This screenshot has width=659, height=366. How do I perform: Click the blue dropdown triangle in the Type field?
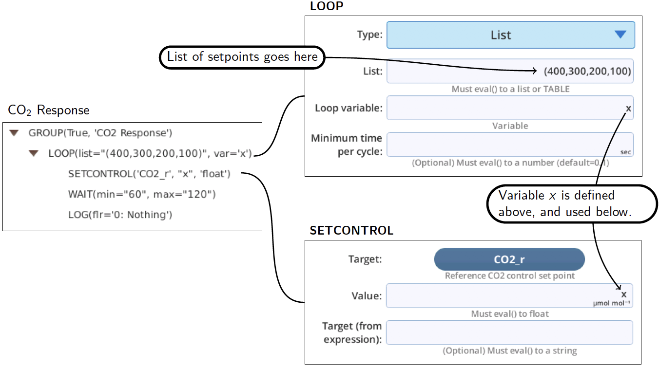[620, 35]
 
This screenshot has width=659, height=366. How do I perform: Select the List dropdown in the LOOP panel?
[511, 35]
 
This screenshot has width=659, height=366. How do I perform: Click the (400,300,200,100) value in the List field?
[587, 71]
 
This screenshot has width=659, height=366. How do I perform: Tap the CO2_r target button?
[509, 259]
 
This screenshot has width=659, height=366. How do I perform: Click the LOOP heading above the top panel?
[327, 6]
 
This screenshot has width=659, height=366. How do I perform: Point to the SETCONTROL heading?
[351, 231]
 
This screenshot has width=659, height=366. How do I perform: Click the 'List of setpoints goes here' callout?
[242, 57]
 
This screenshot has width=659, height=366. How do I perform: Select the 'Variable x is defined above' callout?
[572, 203]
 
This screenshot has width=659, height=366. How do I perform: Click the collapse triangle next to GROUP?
[14, 133]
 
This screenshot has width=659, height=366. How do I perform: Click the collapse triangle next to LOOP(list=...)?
[34, 153]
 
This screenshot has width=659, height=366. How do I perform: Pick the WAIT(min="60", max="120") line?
[142, 194]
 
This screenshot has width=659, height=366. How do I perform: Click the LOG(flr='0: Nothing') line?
[120, 215]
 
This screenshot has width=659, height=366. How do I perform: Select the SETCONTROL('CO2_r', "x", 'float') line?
[149, 174]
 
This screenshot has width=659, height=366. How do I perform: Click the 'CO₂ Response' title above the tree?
[49, 110]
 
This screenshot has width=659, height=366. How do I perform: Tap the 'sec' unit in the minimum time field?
[625, 152]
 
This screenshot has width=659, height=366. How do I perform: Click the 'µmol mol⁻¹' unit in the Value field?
[612, 303]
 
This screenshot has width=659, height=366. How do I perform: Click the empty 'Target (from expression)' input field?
[509, 332]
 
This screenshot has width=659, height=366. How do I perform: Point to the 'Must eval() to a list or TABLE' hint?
[510, 89]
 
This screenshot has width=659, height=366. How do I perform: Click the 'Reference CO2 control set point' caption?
[509, 275]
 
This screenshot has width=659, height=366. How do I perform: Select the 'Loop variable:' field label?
[349, 108]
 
